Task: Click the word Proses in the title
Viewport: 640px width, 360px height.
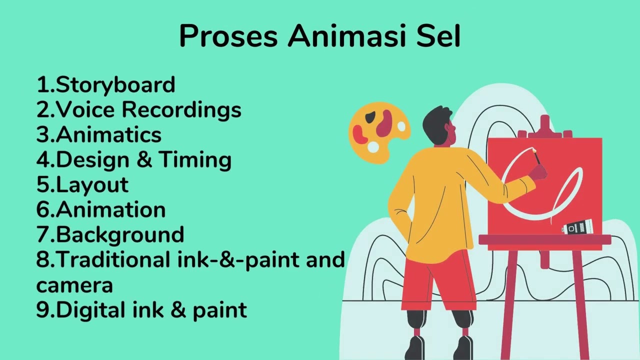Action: point(228,36)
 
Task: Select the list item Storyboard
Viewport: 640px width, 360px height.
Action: point(115,85)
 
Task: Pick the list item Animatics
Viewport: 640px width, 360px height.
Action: point(108,134)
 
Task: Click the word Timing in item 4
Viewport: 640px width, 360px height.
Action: point(195,159)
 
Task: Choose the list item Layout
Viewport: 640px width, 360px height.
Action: point(92,184)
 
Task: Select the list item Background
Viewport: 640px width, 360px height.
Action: point(120,234)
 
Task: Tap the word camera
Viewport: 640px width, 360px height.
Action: point(74,285)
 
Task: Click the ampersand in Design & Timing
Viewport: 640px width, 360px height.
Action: point(144,159)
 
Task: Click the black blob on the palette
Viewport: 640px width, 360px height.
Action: point(370,117)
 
